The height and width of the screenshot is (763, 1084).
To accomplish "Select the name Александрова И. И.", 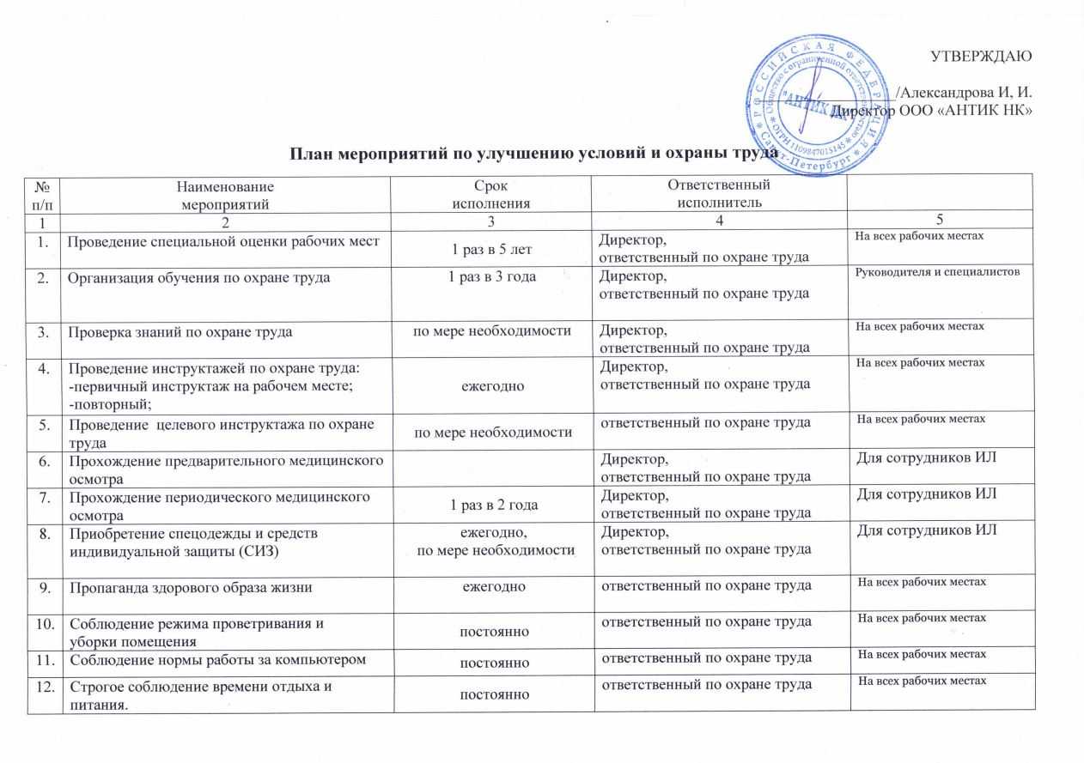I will tap(963, 93).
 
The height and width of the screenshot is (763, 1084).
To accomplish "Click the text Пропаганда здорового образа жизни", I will tap(190, 586).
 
